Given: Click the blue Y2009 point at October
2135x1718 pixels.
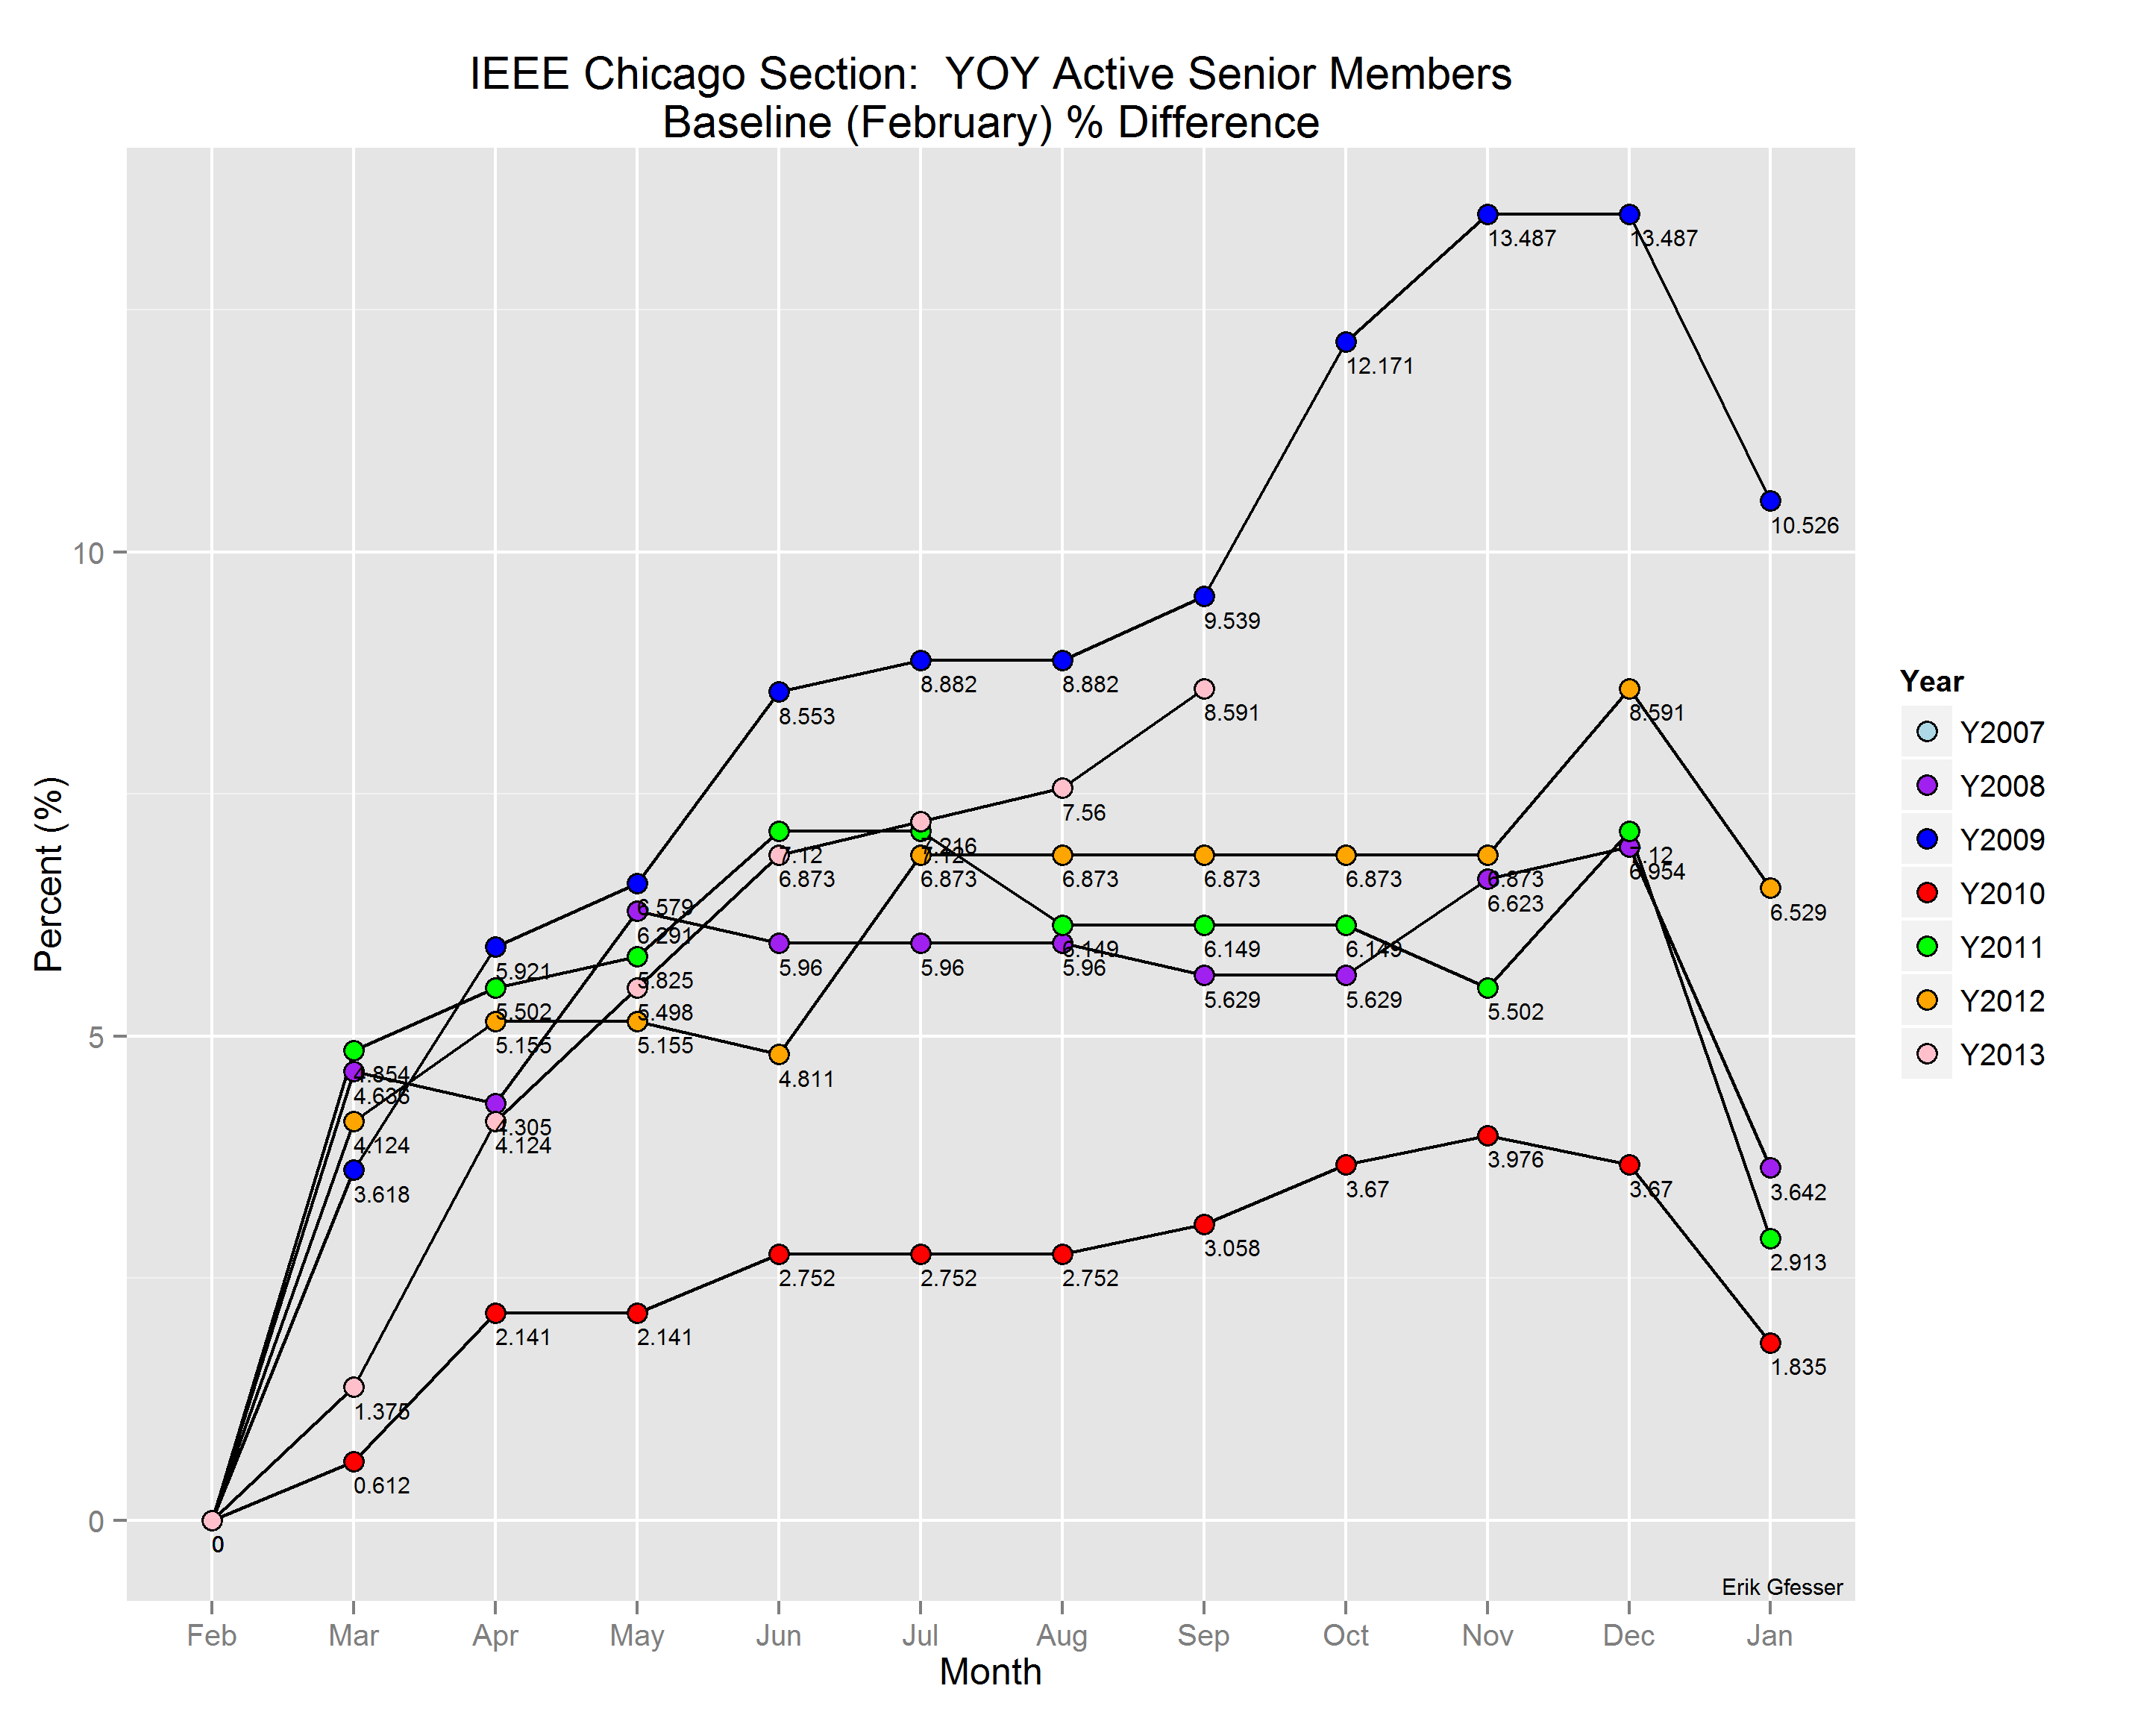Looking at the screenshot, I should pos(1346,342).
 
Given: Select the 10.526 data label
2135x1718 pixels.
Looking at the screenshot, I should pos(1805,526).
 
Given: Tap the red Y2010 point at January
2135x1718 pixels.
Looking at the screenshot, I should pos(1770,1344).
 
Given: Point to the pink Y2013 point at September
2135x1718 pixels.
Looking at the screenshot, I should pos(1204,689).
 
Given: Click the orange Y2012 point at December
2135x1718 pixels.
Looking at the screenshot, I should pos(1629,689).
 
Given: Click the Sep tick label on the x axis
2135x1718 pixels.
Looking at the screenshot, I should pos(1203,1636).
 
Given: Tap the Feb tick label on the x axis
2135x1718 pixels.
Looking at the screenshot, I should pos(212,1636).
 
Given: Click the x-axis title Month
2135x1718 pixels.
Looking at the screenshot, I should pos(990,1672).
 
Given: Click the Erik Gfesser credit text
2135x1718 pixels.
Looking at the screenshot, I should pos(1781,1588).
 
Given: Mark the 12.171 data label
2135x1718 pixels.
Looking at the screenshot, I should pos(1379,366).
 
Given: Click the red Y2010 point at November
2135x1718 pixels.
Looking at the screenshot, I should pos(1487,1136).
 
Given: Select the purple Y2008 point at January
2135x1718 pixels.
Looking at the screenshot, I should pos(1770,1168).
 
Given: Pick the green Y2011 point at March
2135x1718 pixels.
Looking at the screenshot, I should pos(354,1050).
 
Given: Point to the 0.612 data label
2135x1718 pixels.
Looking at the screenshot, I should pos(381,1486).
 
